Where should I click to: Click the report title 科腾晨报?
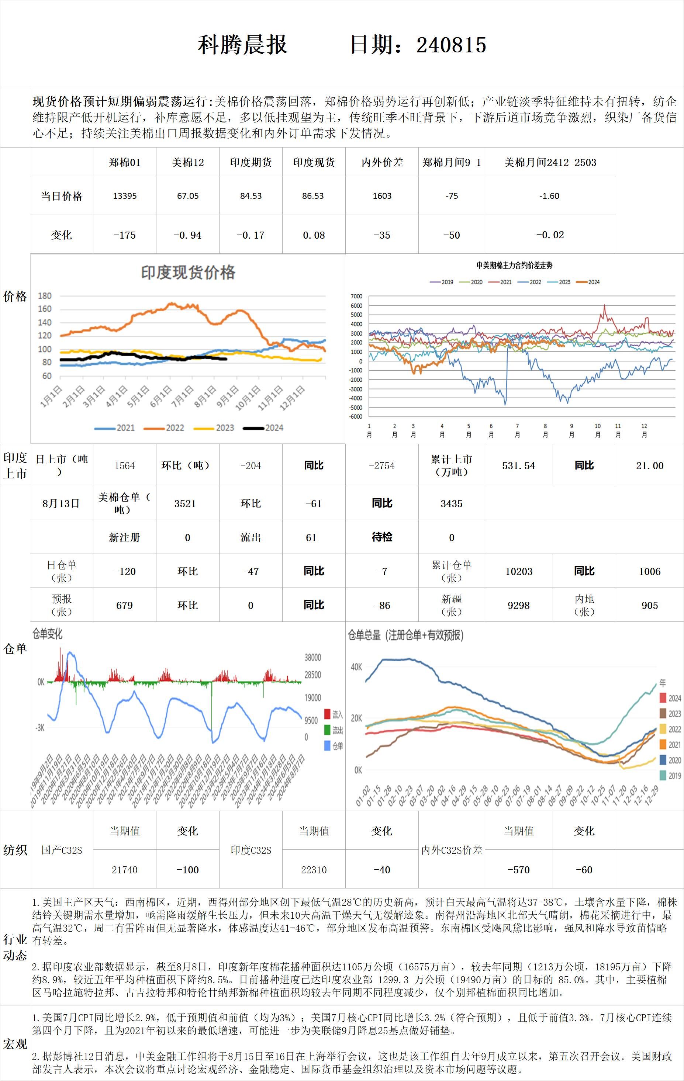(242, 45)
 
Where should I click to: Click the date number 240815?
(451, 45)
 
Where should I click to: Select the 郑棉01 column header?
(124, 163)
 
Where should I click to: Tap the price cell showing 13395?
(124, 196)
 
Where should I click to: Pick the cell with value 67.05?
(188, 196)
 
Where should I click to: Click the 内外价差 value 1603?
(382, 196)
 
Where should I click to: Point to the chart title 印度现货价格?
(188, 273)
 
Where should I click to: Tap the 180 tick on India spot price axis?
(45, 296)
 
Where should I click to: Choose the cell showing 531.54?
(519, 465)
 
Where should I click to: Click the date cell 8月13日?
(61, 503)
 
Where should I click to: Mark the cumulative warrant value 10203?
(519, 571)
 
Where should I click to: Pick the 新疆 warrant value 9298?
(519, 605)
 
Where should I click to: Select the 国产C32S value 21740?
(124, 870)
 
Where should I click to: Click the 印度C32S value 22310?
(314, 870)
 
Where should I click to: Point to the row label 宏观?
(15, 1044)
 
